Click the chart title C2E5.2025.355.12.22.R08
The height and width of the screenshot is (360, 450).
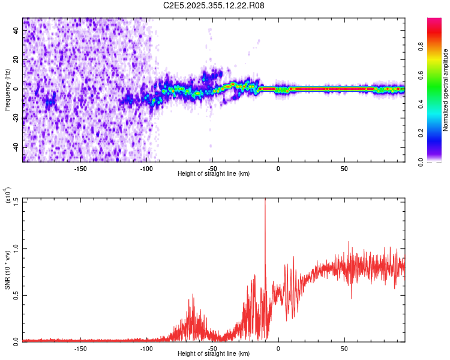[x=214, y=6]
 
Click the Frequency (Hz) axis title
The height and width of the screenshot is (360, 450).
[x=8, y=89]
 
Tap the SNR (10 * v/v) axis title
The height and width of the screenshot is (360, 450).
[x=8, y=269]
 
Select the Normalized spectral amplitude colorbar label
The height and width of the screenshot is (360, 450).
[x=446, y=90]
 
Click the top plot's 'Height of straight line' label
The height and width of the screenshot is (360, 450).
[x=214, y=173]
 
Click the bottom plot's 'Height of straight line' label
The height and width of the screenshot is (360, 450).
[x=214, y=353]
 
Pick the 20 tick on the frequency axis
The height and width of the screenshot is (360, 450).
[x=16, y=59]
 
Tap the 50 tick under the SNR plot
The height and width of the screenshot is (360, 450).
[x=344, y=348]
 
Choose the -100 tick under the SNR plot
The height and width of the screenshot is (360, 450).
[x=146, y=348]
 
